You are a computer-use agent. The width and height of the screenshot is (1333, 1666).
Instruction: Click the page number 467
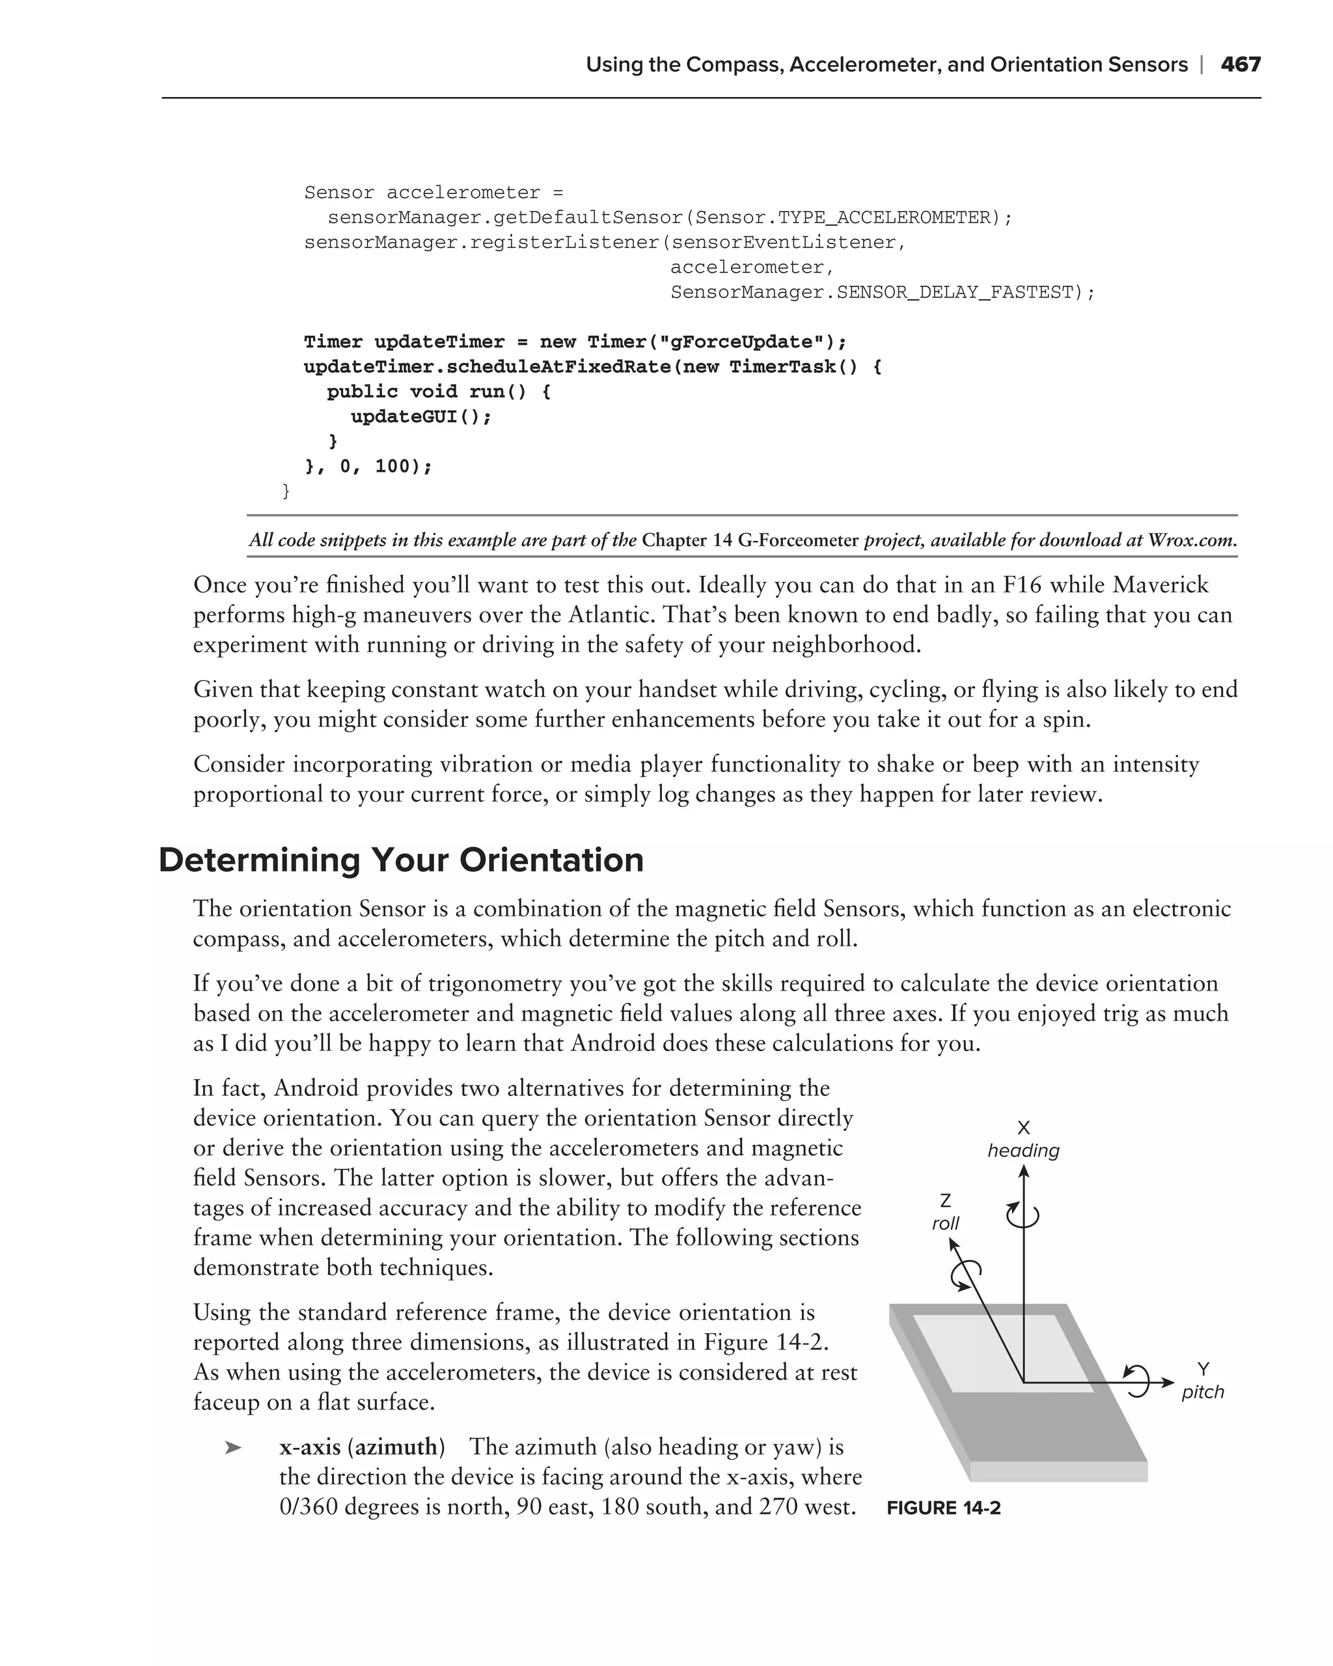coord(1241,65)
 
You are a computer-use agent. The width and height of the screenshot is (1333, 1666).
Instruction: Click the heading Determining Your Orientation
coord(400,860)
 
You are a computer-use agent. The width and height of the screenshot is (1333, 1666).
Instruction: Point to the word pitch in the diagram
coord(1202,1391)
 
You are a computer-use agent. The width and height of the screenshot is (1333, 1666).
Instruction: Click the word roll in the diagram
coord(945,1223)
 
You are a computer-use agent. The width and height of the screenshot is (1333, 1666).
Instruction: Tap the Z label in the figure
coord(945,1200)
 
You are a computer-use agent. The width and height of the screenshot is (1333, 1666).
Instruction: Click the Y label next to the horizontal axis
coord(1203,1369)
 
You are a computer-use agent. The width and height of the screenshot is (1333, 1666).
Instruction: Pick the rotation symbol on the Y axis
coord(1138,1381)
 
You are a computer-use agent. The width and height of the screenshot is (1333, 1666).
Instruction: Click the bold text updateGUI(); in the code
coord(420,416)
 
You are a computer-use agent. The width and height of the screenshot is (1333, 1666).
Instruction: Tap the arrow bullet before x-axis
coord(232,1447)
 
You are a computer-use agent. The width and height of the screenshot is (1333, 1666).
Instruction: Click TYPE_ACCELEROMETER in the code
coord(883,218)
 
